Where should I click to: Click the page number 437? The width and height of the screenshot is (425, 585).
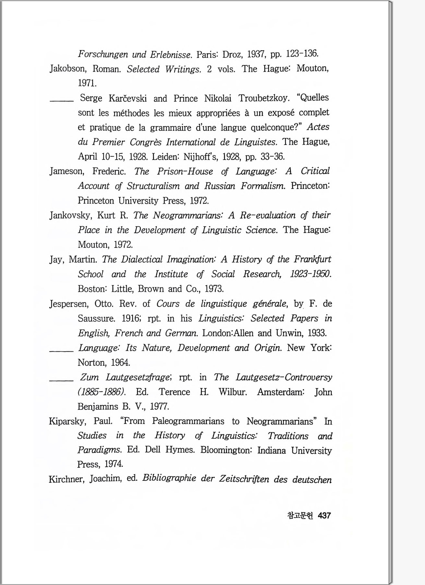(x=324, y=515)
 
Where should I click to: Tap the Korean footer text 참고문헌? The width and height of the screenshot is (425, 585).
(x=300, y=515)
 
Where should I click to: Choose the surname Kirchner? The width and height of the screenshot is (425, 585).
(x=67, y=479)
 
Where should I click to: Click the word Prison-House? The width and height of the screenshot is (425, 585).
(x=185, y=171)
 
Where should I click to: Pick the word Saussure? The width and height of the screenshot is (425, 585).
(x=96, y=318)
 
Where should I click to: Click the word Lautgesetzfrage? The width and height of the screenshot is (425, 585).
(x=138, y=377)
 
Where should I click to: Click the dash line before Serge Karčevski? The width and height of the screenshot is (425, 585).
(x=62, y=101)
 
